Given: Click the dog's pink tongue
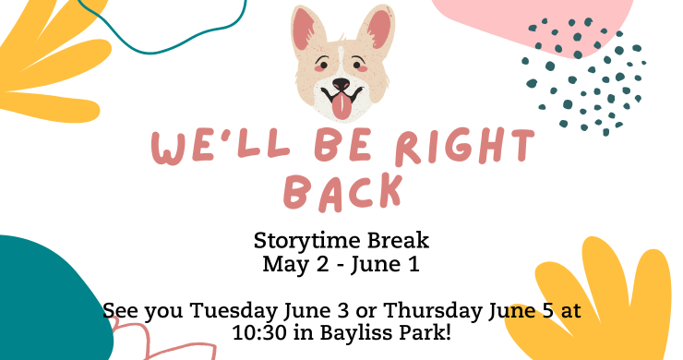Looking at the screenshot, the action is click(x=341, y=107).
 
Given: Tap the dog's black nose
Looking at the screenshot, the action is click(x=341, y=83).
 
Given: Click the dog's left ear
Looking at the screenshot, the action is click(x=307, y=30).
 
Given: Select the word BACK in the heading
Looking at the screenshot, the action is click(x=341, y=192).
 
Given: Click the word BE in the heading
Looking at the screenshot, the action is click(x=342, y=145).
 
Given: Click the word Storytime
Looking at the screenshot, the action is click(x=307, y=242).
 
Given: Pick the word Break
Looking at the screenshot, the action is click(x=398, y=240).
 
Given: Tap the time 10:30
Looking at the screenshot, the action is click(x=259, y=333).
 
